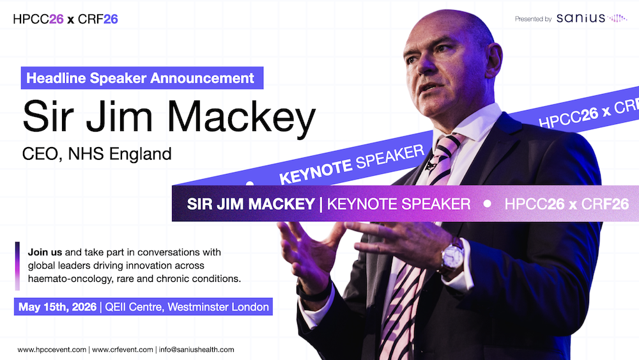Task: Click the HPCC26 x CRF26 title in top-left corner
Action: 65,19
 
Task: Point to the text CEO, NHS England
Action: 97,154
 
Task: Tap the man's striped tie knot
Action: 446,148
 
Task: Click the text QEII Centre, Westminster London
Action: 185,307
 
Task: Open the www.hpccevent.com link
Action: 52,350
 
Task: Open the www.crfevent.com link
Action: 123,350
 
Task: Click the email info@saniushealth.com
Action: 197,350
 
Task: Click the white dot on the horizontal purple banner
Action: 488,204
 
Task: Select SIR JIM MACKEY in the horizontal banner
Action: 250,204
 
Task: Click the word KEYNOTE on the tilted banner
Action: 315,169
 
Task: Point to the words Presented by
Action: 533,19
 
